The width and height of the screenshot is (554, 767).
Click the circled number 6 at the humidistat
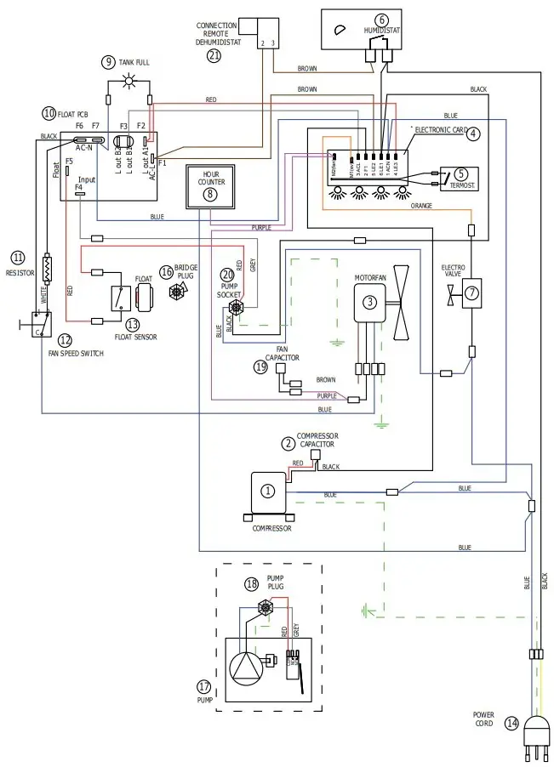click(x=380, y=20)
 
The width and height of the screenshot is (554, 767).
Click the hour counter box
click(x=211, y=184)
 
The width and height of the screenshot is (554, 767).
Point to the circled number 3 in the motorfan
click(x=369, y=301)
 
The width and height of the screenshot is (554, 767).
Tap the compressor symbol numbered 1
click(x=268, y=491)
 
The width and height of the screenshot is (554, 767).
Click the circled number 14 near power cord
click(x=511, y=724)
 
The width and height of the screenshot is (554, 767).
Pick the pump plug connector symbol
click(x=266, y=607)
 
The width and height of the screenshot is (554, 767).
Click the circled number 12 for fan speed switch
click(x=65, y=340)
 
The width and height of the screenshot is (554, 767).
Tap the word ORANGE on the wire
click(x=421, y=205)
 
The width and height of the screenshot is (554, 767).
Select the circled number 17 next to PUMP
click(x=203, y=686)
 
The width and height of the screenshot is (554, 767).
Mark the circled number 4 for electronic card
click(x=473, y=134)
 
